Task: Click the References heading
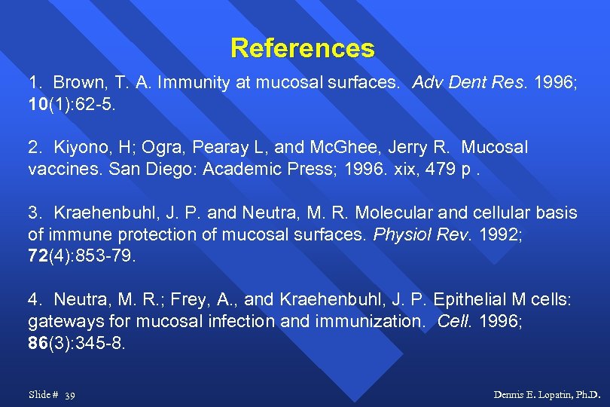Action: (x=302, y=48)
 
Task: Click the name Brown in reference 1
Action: (x=77, y=83)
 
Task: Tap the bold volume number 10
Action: (x=38, y=103)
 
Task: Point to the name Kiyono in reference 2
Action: (x=78, y=147)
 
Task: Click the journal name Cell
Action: (x=453, y=321)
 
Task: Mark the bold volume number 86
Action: (x=38, y=343)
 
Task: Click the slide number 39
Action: (x=70, y=395)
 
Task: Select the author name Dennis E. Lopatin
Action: (x=547, y=394)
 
